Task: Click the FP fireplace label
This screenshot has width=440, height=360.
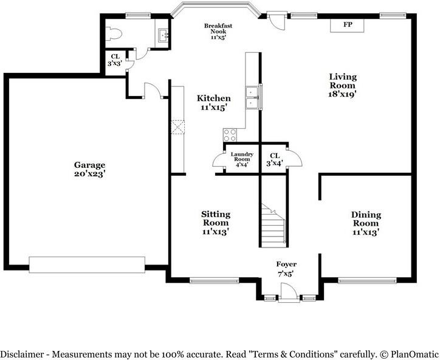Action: coord(348,24)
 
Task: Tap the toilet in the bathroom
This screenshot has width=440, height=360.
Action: coord(114,33)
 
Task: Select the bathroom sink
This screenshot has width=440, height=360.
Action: coord(163,35)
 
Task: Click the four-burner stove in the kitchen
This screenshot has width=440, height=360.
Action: coord(230,135)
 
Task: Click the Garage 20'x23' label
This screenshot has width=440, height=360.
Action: coord(89,169)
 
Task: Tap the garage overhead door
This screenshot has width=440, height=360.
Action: coord(87,265)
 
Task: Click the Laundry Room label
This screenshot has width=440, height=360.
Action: coord(242,159)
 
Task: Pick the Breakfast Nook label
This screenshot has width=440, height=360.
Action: coord(218,32)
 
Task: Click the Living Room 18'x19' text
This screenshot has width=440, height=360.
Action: coord(343,85)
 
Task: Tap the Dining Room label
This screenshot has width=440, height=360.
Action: coord(366,224)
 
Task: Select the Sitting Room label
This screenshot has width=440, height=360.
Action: coord(216,223)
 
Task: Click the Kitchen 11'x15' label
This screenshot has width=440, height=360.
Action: coord(214,103)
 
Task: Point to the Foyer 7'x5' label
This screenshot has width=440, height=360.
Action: coord(286,269)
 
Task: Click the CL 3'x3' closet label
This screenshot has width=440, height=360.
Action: coord(115,60)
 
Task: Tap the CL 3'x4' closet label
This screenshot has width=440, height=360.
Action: coord(275,159)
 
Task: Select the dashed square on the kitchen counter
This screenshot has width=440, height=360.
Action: coord(178,127)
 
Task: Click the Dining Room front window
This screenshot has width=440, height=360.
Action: coord(367,280)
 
